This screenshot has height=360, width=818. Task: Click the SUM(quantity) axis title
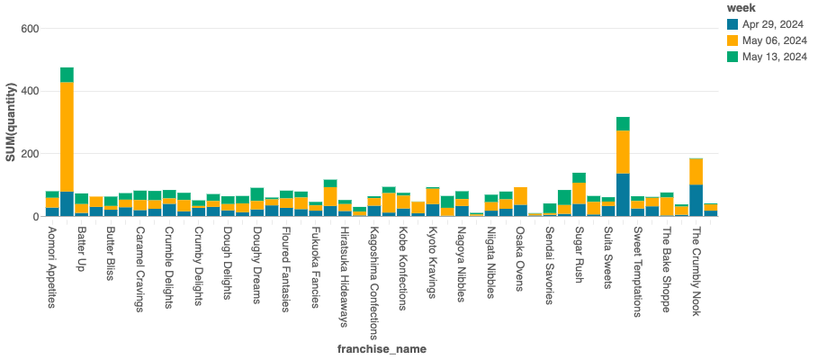click(x=11, y=122)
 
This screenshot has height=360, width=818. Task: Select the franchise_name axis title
click(x=382, y=348)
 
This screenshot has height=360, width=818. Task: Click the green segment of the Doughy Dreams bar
click(x=257, y=194)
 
